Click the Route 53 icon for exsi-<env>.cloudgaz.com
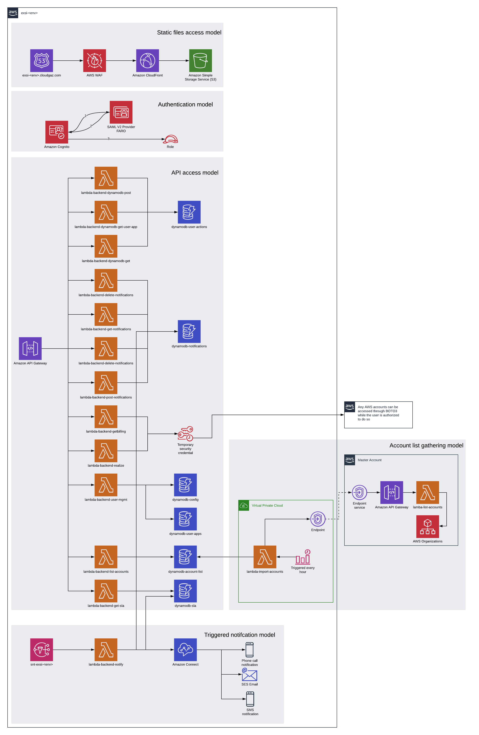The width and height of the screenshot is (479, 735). point(41,61)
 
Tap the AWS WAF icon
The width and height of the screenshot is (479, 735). point(94,61)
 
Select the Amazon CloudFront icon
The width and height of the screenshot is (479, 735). point(147,61)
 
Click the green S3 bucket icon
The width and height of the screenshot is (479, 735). point(200,61)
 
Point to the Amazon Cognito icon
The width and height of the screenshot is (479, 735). point(57,132)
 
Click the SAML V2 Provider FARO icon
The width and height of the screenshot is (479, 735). point(121,112)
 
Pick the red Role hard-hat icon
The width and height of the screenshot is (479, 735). point(170,139)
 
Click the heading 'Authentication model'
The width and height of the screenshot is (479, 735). point(185,104)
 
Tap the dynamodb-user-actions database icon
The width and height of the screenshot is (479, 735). point(189,212)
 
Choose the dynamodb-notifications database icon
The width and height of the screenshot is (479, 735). point(189,331)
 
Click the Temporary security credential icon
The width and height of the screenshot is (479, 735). point(185,434)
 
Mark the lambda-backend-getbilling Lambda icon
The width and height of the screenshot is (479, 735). point(106,417)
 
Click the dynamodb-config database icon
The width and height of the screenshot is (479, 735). point(185,485)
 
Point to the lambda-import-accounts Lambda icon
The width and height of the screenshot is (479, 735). point(265,557)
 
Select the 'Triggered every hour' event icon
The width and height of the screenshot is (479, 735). point(303,557)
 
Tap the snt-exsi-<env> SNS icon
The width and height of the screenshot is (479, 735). point(41,650)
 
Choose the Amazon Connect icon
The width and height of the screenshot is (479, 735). point(185,650)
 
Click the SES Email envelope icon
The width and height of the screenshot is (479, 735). point(249,675)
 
